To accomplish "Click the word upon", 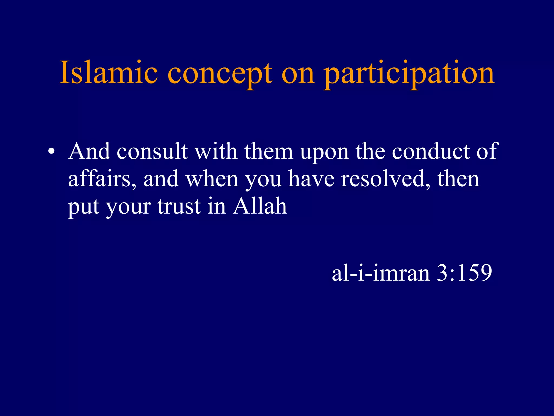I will [x=324, y=153].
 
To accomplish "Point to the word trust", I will [x=179, y=206].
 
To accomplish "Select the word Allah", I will [x=260, y=206].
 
